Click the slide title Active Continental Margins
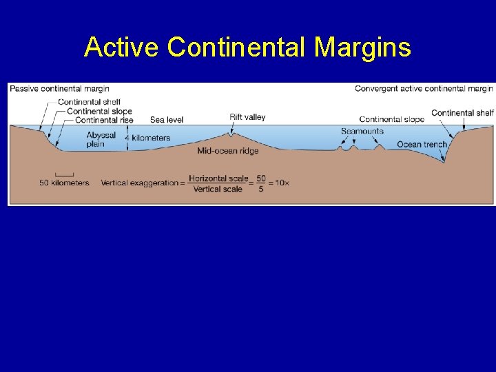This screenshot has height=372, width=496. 247,48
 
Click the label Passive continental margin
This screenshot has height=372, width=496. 59,88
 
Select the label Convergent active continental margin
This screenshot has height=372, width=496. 424,88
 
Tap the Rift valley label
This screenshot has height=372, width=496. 247,117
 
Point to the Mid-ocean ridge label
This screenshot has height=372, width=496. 228,151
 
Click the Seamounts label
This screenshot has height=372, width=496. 362,131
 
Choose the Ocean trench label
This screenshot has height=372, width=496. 422,145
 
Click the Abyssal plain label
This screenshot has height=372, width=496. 101,140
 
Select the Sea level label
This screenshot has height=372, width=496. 167,120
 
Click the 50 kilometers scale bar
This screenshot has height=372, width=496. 64,174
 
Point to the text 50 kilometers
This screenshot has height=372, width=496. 64,183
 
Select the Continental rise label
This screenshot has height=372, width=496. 103,120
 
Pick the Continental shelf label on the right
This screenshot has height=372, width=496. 462,113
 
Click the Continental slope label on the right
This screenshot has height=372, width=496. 391,120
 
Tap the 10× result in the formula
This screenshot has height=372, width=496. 282,183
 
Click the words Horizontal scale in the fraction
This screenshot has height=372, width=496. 218,178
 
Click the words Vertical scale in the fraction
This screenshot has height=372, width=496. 218,189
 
